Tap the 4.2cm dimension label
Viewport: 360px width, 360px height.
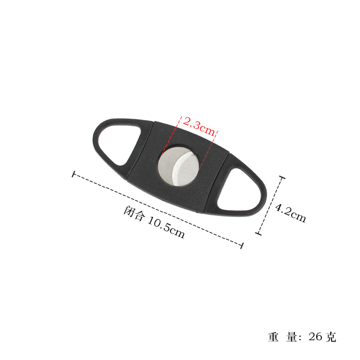pyautogui.click(x=291, y=213)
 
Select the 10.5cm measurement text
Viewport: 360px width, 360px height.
pyautogui.click(x=166, y=227)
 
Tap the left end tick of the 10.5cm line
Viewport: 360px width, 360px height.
pyautogui.click(x=73, y=174)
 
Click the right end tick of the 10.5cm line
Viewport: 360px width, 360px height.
pyautogui.click(x=242, y=245)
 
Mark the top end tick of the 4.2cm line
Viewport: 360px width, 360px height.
pyautogui.click(x=282, y=178)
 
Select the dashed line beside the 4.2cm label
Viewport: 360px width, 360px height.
pyautogui.click(x=270, y=206)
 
